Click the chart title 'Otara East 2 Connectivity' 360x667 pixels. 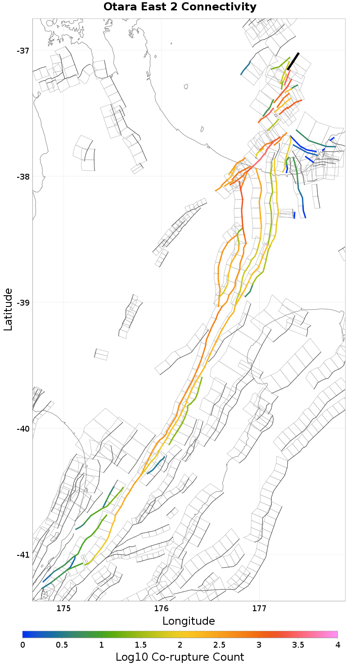tap(180, 7)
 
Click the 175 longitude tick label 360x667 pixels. tap(63, 609)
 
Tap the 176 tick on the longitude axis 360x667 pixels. tap(162, 609)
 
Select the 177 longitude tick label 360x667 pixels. tap(260, 609)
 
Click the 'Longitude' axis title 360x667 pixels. tap(189, 621)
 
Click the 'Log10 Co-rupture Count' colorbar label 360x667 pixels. tap(180, 657)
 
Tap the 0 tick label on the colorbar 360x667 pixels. tap(23, 644)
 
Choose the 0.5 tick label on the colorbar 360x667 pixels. tap(62, 644)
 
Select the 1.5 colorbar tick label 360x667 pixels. tap(141, 644)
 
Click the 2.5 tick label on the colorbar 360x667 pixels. tap(220, 644)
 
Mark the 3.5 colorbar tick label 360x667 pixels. tap(298, 644)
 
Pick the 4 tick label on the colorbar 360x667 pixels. tap(337, 644)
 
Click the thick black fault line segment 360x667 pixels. tap(293, 61)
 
